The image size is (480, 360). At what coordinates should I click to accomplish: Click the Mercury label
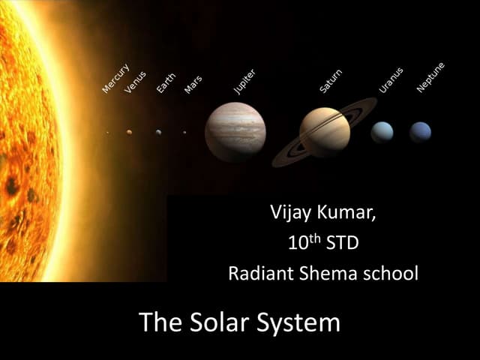click(115, 78)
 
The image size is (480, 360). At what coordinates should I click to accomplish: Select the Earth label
click(165, 82)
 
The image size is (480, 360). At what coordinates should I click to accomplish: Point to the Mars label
click(193, 83)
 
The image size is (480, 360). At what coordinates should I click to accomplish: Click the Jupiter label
click(244, 81)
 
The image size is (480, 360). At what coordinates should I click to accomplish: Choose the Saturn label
click(330, 80)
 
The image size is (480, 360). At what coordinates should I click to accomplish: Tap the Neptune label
click(430, 77)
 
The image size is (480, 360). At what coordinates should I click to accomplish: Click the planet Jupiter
click(235, 132)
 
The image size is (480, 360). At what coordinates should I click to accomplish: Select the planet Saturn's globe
click(325, 132)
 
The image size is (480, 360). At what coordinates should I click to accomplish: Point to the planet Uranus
click(382, 132)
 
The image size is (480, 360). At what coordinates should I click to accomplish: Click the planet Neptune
click(420, 132)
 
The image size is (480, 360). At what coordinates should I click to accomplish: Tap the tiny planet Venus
click(129, 132)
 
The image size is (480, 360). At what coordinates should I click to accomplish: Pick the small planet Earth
click(158, 132)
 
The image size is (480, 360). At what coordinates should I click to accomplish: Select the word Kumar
click(346, 212)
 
